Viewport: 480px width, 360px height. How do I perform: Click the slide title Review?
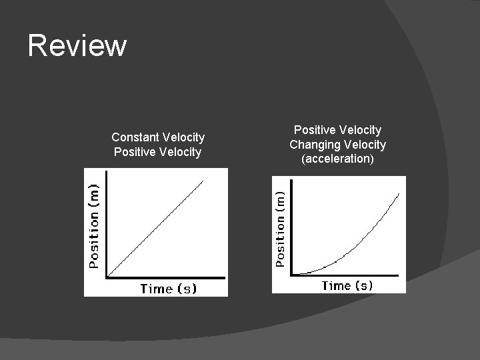click(77, 46)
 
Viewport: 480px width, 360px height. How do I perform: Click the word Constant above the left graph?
click(135, 137)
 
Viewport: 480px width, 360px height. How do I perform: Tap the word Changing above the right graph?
click(313, 145)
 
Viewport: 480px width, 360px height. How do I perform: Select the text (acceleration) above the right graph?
click(337, 159)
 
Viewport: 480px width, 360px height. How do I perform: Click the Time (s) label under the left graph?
click(168, 288)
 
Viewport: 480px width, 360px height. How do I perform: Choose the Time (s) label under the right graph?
click(347, 285)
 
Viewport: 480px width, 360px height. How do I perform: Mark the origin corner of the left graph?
click(107, 276)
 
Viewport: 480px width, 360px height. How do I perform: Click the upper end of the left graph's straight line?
click(203, 179)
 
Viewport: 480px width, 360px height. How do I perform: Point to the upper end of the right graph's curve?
click(399, 193)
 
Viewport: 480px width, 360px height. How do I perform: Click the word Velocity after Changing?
click(365, 145)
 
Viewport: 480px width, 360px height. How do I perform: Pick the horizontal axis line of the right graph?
click(347, 275)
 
